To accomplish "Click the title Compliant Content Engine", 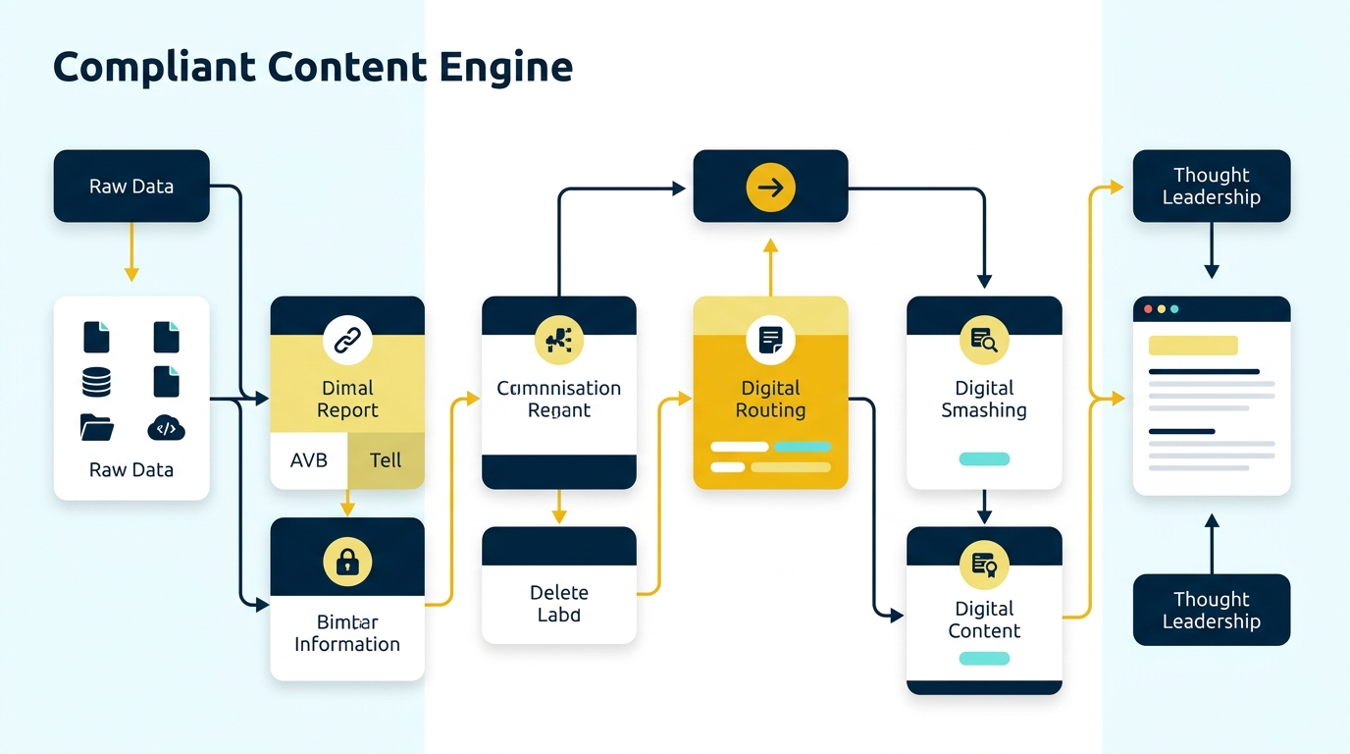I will tap(312, 68).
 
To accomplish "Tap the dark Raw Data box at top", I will tap(131, 186).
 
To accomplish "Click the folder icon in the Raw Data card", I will tap(96, 427).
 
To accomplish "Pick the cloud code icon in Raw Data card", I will tap(166, 427).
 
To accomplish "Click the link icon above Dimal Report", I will tap(347, 341).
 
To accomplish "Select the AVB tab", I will tap(309, 459).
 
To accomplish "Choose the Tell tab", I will tap(386, 459).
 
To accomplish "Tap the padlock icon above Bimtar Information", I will tap(347, 562).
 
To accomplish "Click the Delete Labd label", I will tap(559, 603).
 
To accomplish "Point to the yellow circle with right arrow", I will tap(770, 187).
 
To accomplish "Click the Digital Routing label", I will tap(770, 399).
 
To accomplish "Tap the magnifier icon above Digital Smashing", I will tap(984, 341).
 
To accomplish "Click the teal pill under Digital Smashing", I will tap(984, 458).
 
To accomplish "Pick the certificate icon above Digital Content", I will tap(984, 564).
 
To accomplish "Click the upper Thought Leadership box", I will tap(1212, 186).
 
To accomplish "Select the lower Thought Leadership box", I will tap(1212, 610).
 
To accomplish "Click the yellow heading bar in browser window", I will tap(1192, 346).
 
